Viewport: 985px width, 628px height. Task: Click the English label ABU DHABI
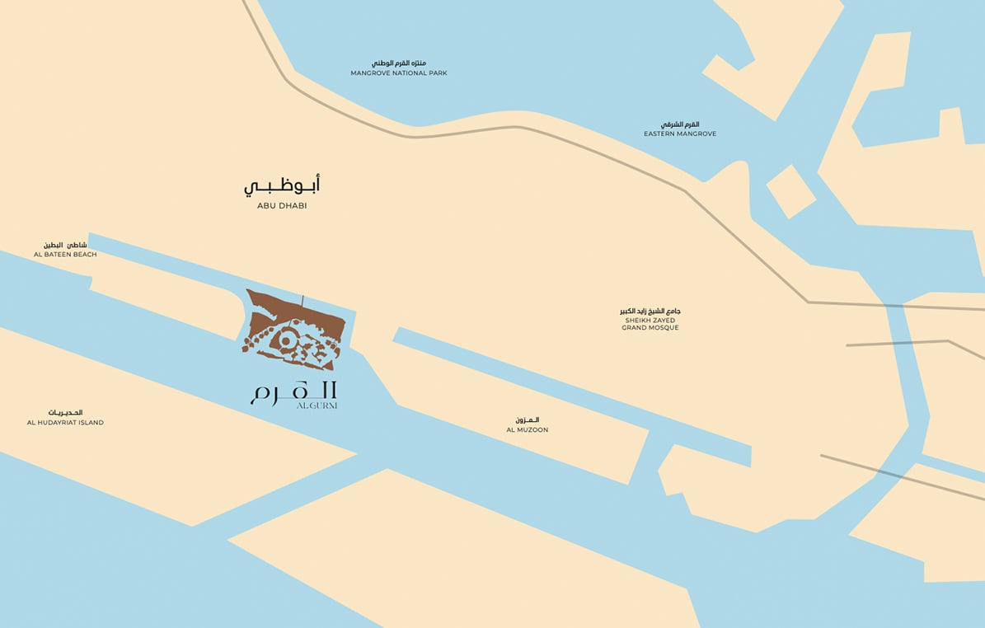pos(281,206)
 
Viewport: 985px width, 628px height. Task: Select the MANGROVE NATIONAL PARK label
pos(399,73)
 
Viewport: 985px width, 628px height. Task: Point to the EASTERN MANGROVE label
pos(680,134)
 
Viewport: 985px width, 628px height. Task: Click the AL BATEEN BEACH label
pos(65,255)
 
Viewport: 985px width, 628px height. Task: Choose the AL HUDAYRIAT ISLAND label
pos(65,423)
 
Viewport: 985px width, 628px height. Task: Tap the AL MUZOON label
pos(527,430)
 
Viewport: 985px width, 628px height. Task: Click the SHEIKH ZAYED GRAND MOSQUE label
pos(650,324)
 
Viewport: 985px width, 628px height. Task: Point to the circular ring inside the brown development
pos(287,339)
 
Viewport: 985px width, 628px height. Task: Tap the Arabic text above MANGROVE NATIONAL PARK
pos(399,63)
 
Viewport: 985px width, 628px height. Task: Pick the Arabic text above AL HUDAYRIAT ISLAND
pos(65,412)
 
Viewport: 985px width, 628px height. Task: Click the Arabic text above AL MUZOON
pos(527,420)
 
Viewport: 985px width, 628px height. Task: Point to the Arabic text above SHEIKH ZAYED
pos(650,311)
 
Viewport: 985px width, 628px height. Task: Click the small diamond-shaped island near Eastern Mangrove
pos(790,191)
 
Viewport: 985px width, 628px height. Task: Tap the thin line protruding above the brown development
pos(303,302)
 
